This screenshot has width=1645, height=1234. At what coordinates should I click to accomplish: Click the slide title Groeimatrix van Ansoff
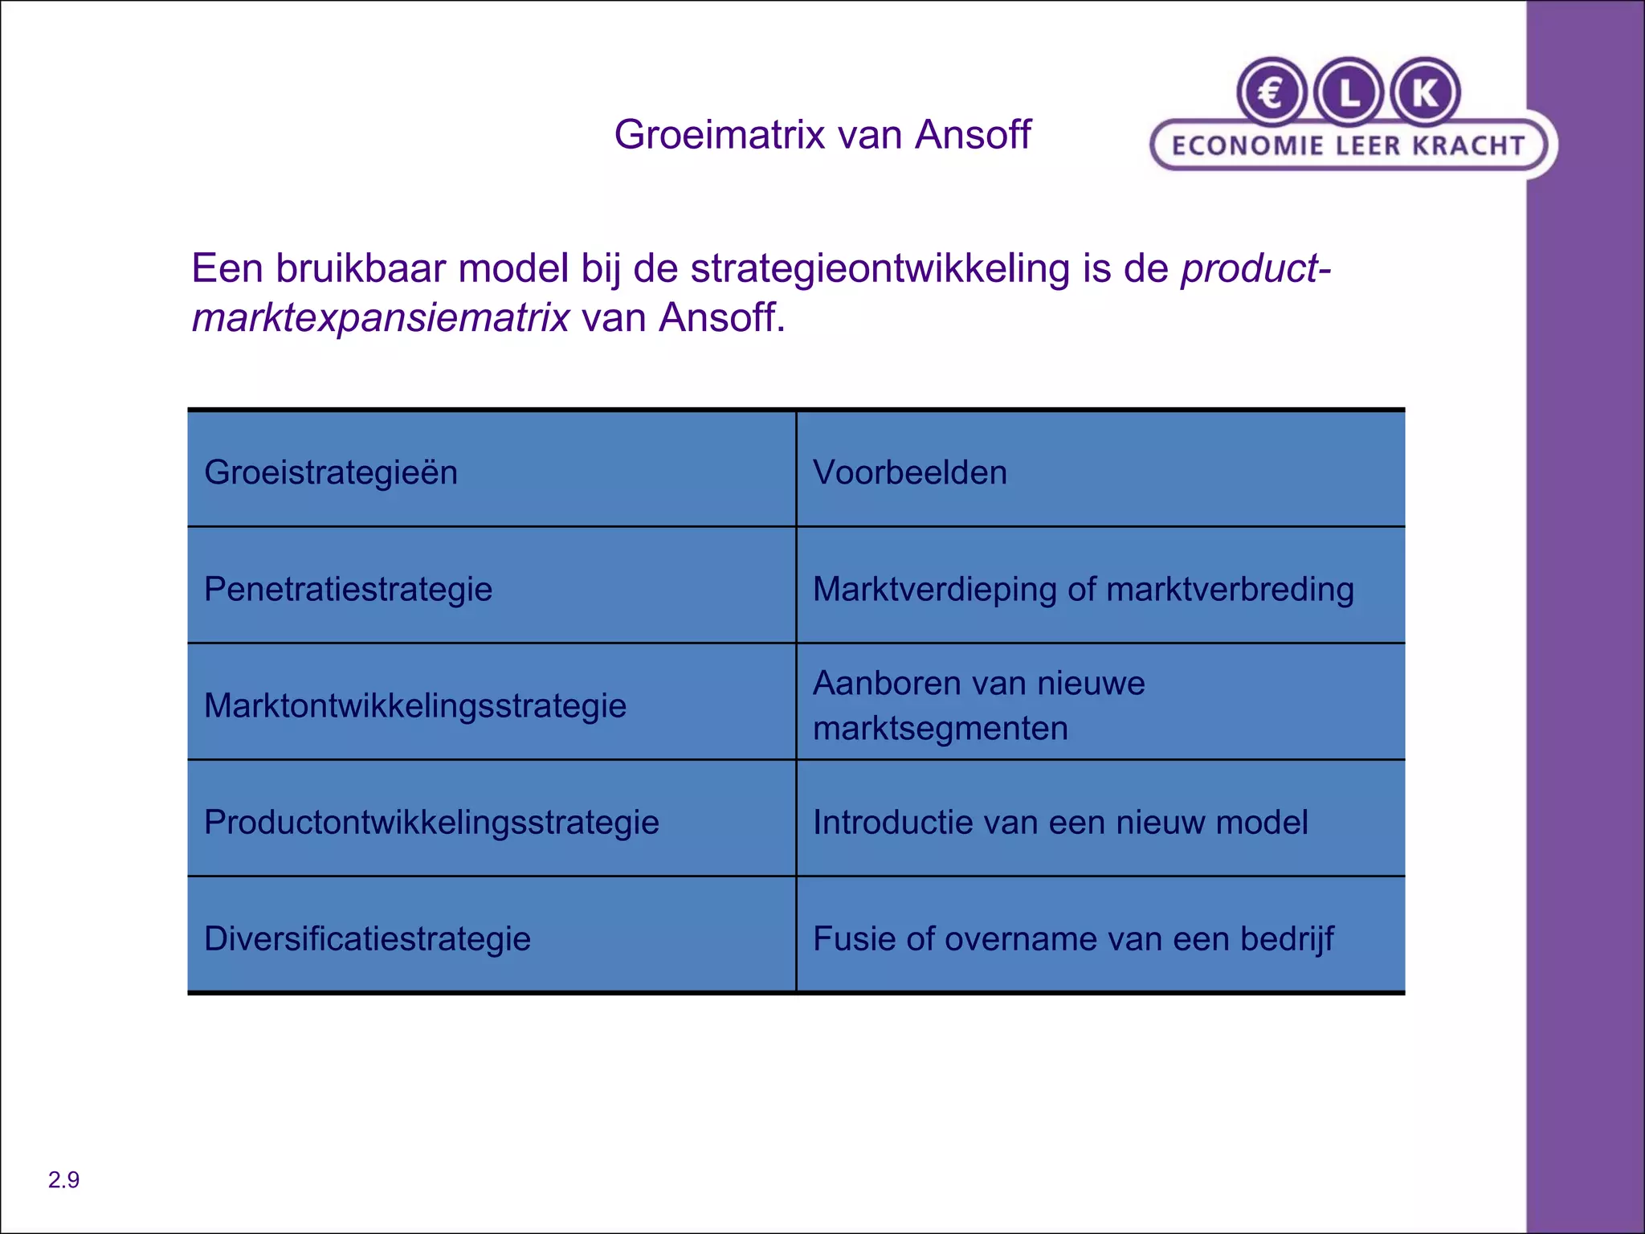point(822,134)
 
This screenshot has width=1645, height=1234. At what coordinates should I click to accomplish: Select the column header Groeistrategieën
point(331,472)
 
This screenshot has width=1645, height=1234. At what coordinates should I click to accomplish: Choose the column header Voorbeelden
point(909,472)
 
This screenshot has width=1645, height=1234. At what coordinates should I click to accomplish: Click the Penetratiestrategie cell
point(348,589)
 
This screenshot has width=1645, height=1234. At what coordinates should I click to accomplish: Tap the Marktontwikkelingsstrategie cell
point(414,705)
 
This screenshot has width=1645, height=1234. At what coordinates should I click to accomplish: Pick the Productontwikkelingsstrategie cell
point(431,822)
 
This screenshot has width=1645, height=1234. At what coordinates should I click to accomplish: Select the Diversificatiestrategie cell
point(367,938)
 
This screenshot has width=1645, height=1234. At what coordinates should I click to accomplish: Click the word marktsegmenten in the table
point(940,729)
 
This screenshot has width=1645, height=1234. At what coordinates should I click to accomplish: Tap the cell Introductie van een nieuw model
point(1059,822)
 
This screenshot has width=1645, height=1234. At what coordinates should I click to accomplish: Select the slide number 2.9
point(63,1179)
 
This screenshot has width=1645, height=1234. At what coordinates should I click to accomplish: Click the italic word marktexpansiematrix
point(381,317)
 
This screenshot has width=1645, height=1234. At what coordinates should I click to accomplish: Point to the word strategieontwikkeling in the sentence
point(880,268)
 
